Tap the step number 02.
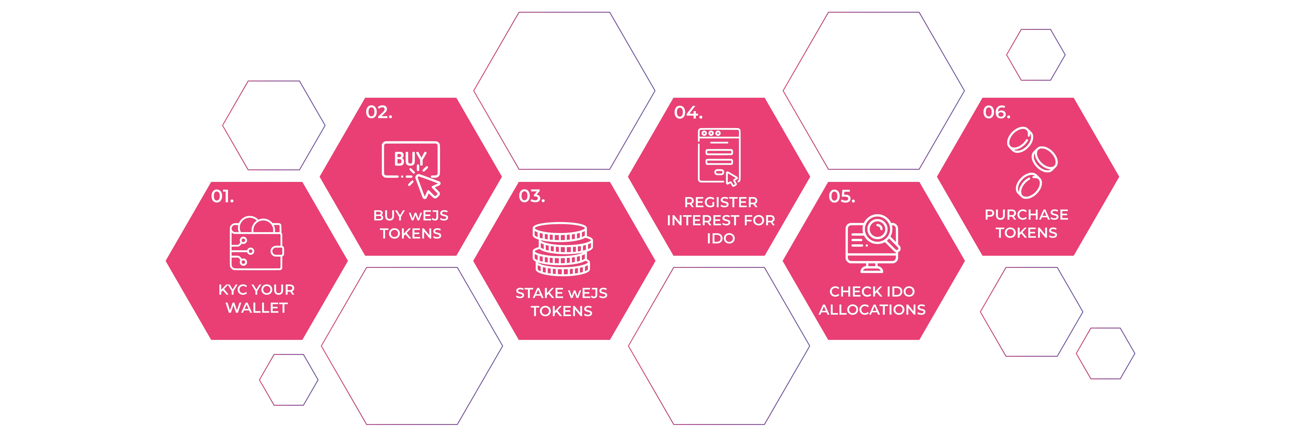379,112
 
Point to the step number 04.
688,112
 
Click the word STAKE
538,293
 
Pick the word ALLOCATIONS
872,310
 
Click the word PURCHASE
1026,215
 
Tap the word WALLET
256,308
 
